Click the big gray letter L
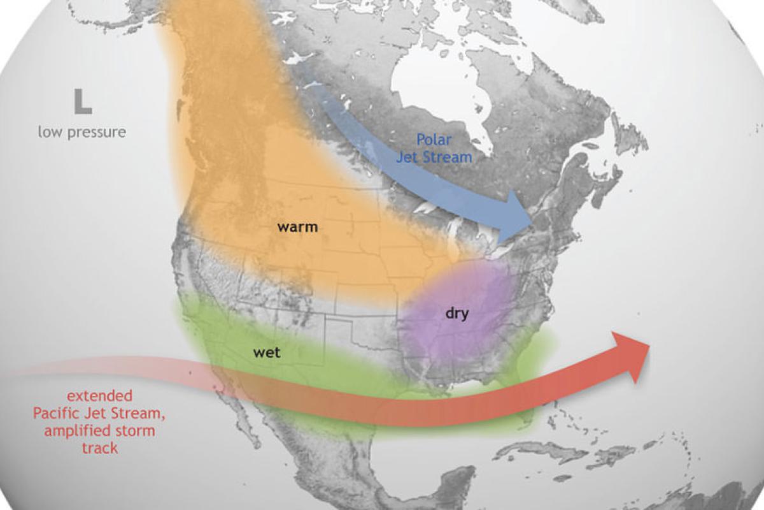point(82,102)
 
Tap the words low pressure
point(81,133)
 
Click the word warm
point(297,226)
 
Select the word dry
point(456,313)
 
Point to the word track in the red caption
point(99,448)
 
